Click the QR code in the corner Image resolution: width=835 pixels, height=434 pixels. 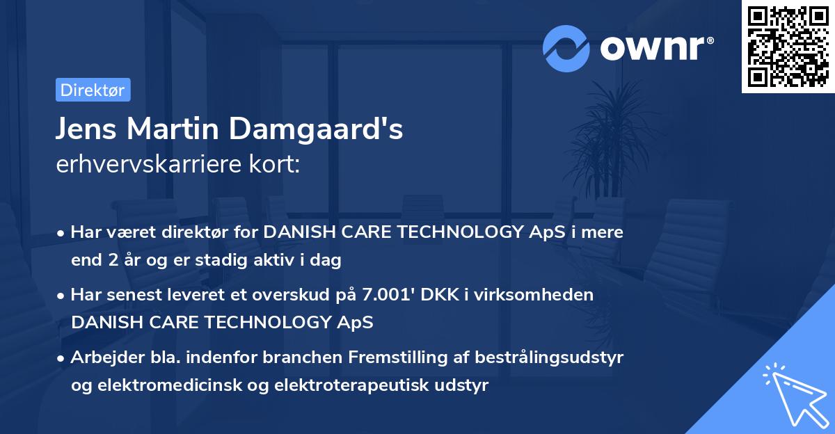(788, 46)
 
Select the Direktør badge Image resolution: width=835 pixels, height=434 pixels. (92, 90)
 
